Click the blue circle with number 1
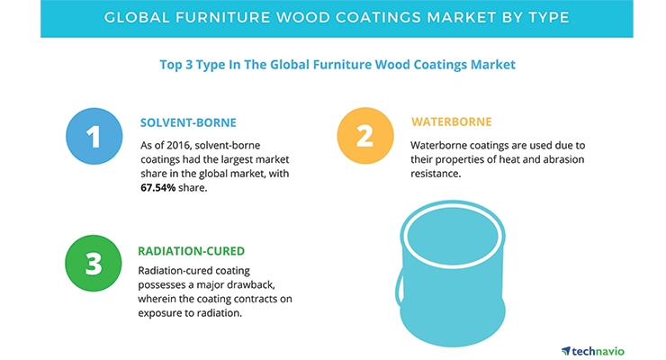click(x=94, y=136)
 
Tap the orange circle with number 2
click(x=365, y=135)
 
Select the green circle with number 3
click(x=94, y=263)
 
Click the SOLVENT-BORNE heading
click(x=188, y=122)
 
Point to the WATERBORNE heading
click(x=451, y=121)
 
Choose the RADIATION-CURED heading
click(x=191, y=251)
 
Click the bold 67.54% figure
click(x=158, y=187)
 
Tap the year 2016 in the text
click(x=178, y=145)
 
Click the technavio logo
click(x=593, y=351)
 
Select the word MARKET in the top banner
click(x=461, y=17)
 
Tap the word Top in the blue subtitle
click(x=171, y=65)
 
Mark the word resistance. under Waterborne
click(x=436, y=173)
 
